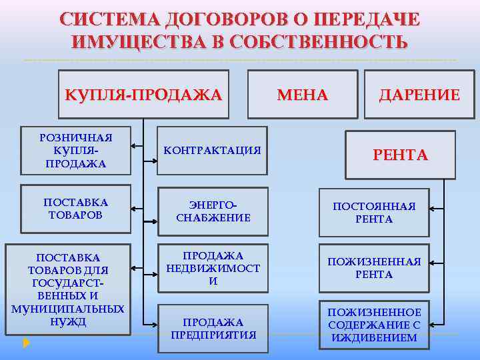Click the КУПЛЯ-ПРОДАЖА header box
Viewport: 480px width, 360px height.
point(143,95)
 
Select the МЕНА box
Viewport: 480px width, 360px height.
point(303,95)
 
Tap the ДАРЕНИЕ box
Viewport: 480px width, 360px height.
point(419,95)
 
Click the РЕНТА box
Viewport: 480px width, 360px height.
point(400,155)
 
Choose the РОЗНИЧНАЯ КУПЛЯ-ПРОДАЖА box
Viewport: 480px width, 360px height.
point(76,151)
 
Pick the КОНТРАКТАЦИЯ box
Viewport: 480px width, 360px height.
point(212,150)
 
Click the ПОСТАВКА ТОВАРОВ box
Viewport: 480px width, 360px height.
point(76,208)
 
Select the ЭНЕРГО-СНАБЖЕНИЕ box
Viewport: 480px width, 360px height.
point(212,211)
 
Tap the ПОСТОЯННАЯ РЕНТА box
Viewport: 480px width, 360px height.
point(374,213)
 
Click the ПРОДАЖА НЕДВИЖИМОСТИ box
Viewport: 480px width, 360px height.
point(212,269)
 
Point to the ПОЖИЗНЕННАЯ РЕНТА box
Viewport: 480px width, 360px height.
point(374,269)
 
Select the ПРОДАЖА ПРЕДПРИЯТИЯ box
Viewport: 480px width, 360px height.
point(212,329)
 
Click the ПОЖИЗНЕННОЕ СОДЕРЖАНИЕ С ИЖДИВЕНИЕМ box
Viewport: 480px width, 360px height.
point(374,325)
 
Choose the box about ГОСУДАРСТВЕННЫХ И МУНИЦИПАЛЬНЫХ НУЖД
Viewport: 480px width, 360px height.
point(67,289)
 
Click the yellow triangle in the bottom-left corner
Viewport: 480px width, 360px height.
point(26,344)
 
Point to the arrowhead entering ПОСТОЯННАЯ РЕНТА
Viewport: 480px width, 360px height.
point(433,209)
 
